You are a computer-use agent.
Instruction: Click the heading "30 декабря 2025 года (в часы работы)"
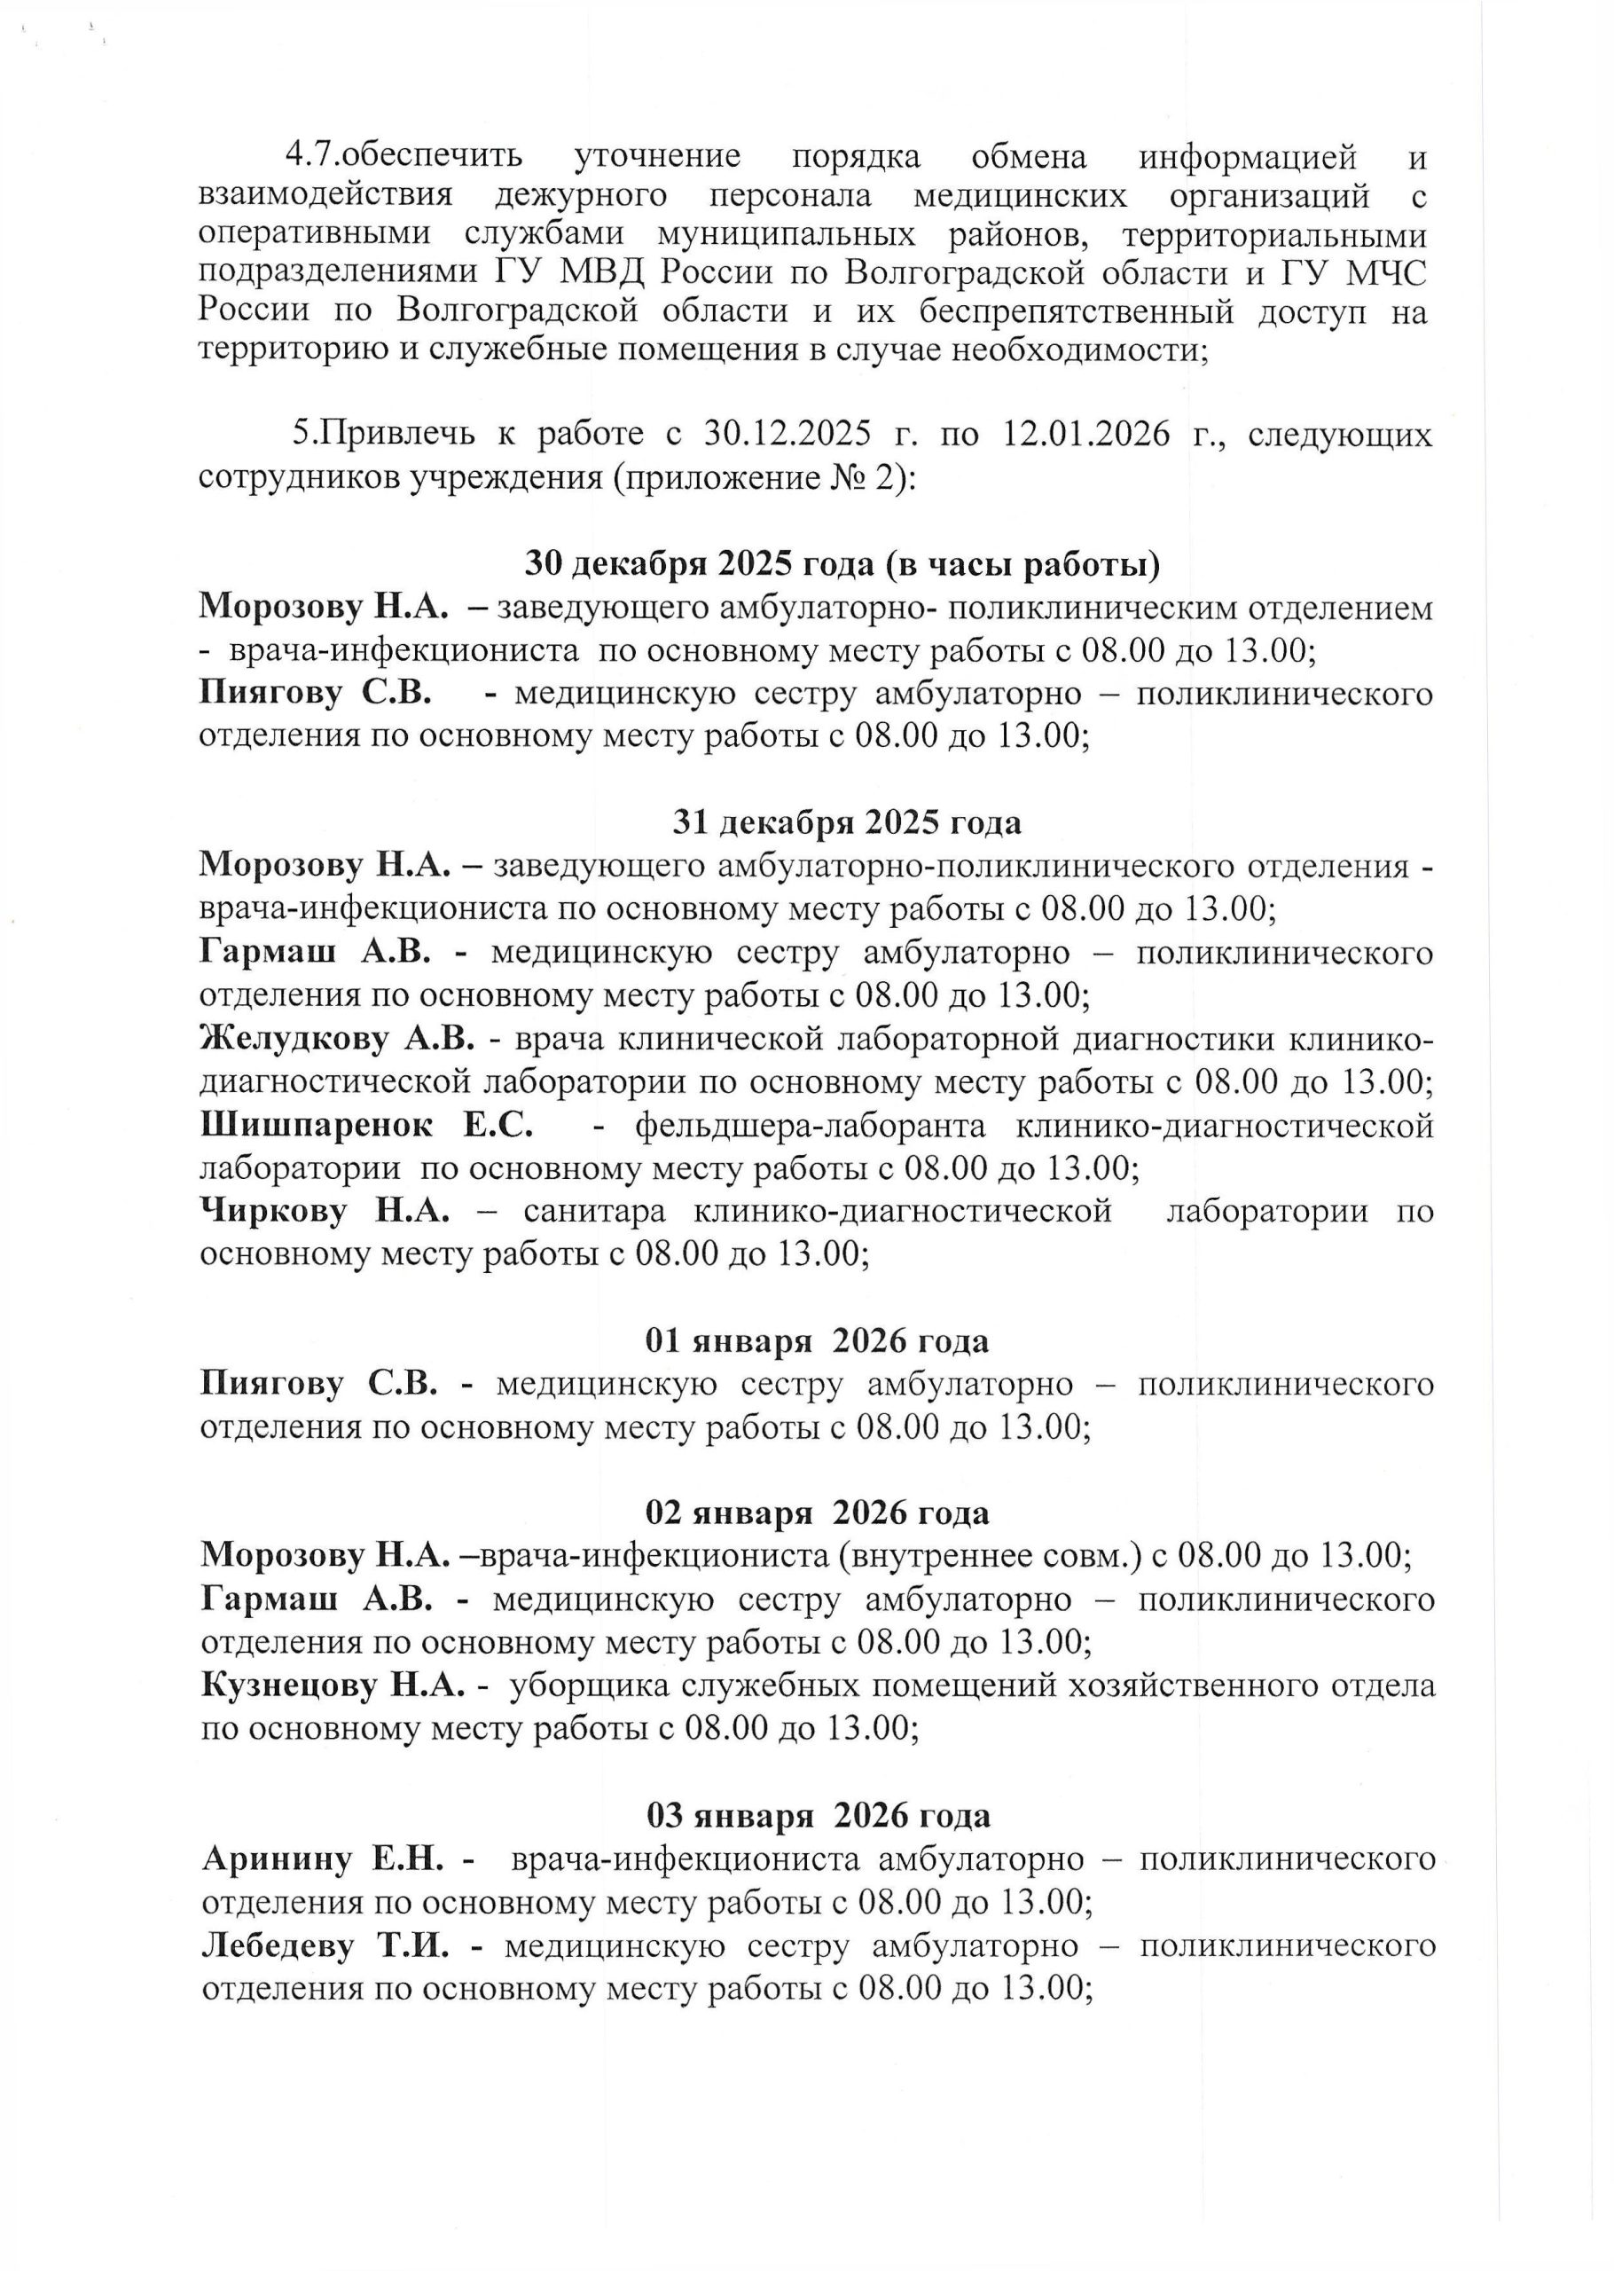(842, 564)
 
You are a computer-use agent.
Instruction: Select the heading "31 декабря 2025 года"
(847, 823)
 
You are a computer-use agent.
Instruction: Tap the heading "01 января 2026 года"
(817, 1341)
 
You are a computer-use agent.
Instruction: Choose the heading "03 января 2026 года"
(818, 1816)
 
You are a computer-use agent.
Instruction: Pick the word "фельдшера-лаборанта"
(810, 1126)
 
